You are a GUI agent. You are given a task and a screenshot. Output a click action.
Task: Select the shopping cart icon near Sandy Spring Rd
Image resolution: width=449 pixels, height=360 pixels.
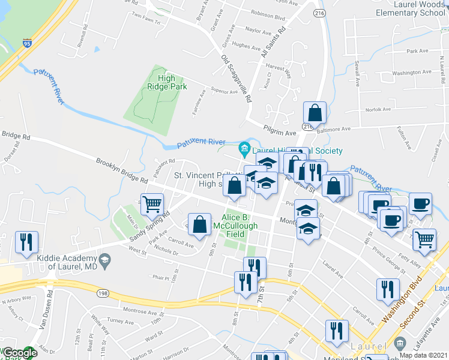click(152, 204)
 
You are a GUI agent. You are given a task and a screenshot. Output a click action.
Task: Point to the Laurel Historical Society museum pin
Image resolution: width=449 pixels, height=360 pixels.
click(244, 148)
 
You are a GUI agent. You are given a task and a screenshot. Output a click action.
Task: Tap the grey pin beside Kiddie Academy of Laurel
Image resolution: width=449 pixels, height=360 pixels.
click(106, 259)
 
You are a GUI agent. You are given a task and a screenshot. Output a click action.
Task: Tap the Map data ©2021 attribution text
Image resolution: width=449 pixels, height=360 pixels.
click(424, 355)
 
